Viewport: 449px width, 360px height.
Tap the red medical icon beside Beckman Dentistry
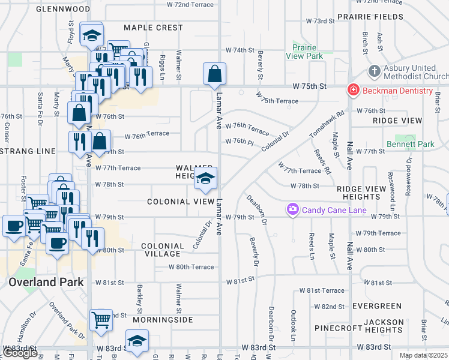point(354,91)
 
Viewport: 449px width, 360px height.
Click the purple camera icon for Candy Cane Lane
point(293,209)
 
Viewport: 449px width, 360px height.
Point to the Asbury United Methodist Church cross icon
point(374,71)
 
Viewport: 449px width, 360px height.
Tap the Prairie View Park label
point(307,52)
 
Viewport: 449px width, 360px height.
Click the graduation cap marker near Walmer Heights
point(205,178)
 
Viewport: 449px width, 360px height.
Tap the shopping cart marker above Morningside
point(101,320)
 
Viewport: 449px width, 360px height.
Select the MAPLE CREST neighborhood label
point(153,28)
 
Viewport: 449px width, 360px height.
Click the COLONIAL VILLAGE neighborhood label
point(163,250)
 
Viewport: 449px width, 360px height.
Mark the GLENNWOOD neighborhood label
point(63,9)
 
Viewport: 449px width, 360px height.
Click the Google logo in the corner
point(20,353)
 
